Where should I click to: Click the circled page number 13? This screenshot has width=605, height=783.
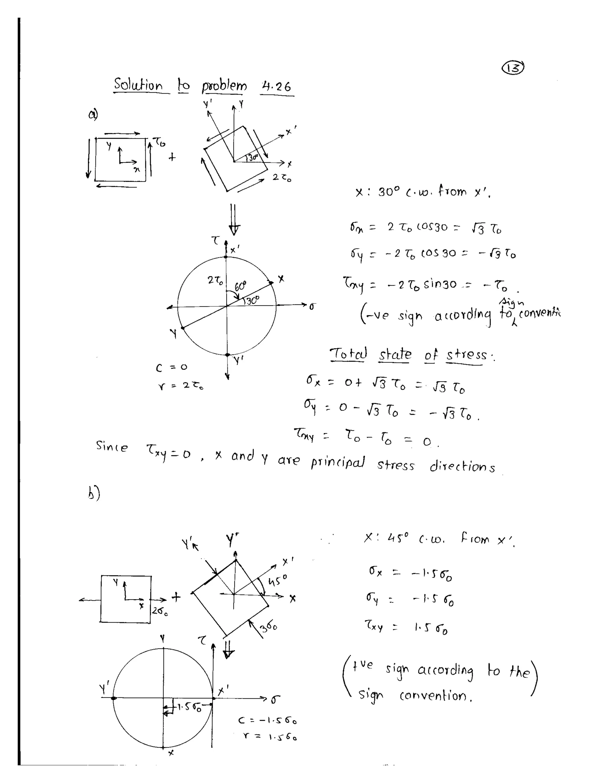[x=514, y=68]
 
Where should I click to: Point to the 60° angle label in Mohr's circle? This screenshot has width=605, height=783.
[x=240, y=286]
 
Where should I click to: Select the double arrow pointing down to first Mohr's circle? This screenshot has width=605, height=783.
[x=234, y=219]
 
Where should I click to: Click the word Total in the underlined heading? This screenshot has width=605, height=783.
[x=348, y=354]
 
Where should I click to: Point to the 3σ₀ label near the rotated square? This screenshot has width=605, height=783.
[x=269, y=627]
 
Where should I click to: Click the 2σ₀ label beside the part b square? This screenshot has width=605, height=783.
[x=160, y=611]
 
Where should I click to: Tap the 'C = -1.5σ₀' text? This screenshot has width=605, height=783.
[x=267, y=721]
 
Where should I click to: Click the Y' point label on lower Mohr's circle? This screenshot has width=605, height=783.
[x=105, y=688]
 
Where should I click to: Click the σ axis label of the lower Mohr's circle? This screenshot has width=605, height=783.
[x=275, y=699]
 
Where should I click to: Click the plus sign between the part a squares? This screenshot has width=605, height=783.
[x=173, y=157]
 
